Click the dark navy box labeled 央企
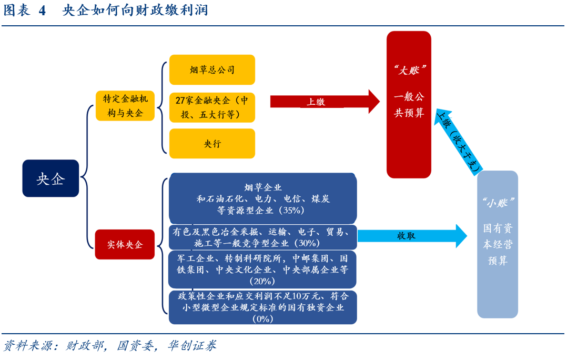click(x=50, y=178)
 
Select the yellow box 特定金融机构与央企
click(x=125, y=106)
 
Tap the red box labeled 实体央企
click(x=125, y=244)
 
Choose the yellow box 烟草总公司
click(x=212, y=69)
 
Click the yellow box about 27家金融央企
click(x=212, y=107)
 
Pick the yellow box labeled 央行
click(x=212, y=143)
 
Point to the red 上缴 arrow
click(x=325, y=102)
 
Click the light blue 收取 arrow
click(x=412, y=236)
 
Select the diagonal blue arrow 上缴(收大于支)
click(x=458, y=142)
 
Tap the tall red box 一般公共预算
click(x=409, y=105)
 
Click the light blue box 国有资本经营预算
click(x=498, y=245)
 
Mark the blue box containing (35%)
click(x=263, y=198)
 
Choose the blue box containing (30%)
click(x=263, y=237)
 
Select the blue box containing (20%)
click(x=262, y=269)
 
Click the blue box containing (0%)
click(x=263, y=307)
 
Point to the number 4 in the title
click(x=42, y=11)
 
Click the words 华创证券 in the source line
click(x=192, y=346)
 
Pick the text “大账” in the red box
click(x=409, y=70)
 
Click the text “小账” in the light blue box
click(x=498, y=203)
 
